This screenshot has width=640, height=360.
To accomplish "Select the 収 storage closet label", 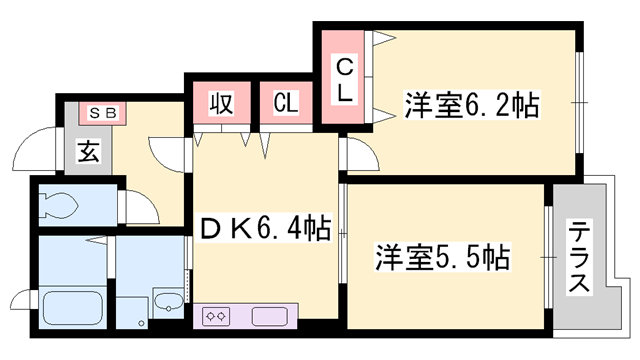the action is click(x=220, y=102).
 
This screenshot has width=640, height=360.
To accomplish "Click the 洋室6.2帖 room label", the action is click(x=473, y=104).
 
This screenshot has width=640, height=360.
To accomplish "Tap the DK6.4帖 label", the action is click(x=266, y=228).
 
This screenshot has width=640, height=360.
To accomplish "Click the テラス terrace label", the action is click(x=578, y=257).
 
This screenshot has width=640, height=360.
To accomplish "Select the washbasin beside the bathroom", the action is click(x=167, y=302).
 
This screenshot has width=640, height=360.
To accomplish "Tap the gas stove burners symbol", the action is click(x=216, y=316).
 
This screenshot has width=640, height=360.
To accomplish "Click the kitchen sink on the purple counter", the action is click(x=269, y=316).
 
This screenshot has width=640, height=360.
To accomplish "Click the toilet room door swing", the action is click(x=138, y=205).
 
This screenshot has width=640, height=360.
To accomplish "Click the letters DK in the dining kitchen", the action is click(x=225, y=228).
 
